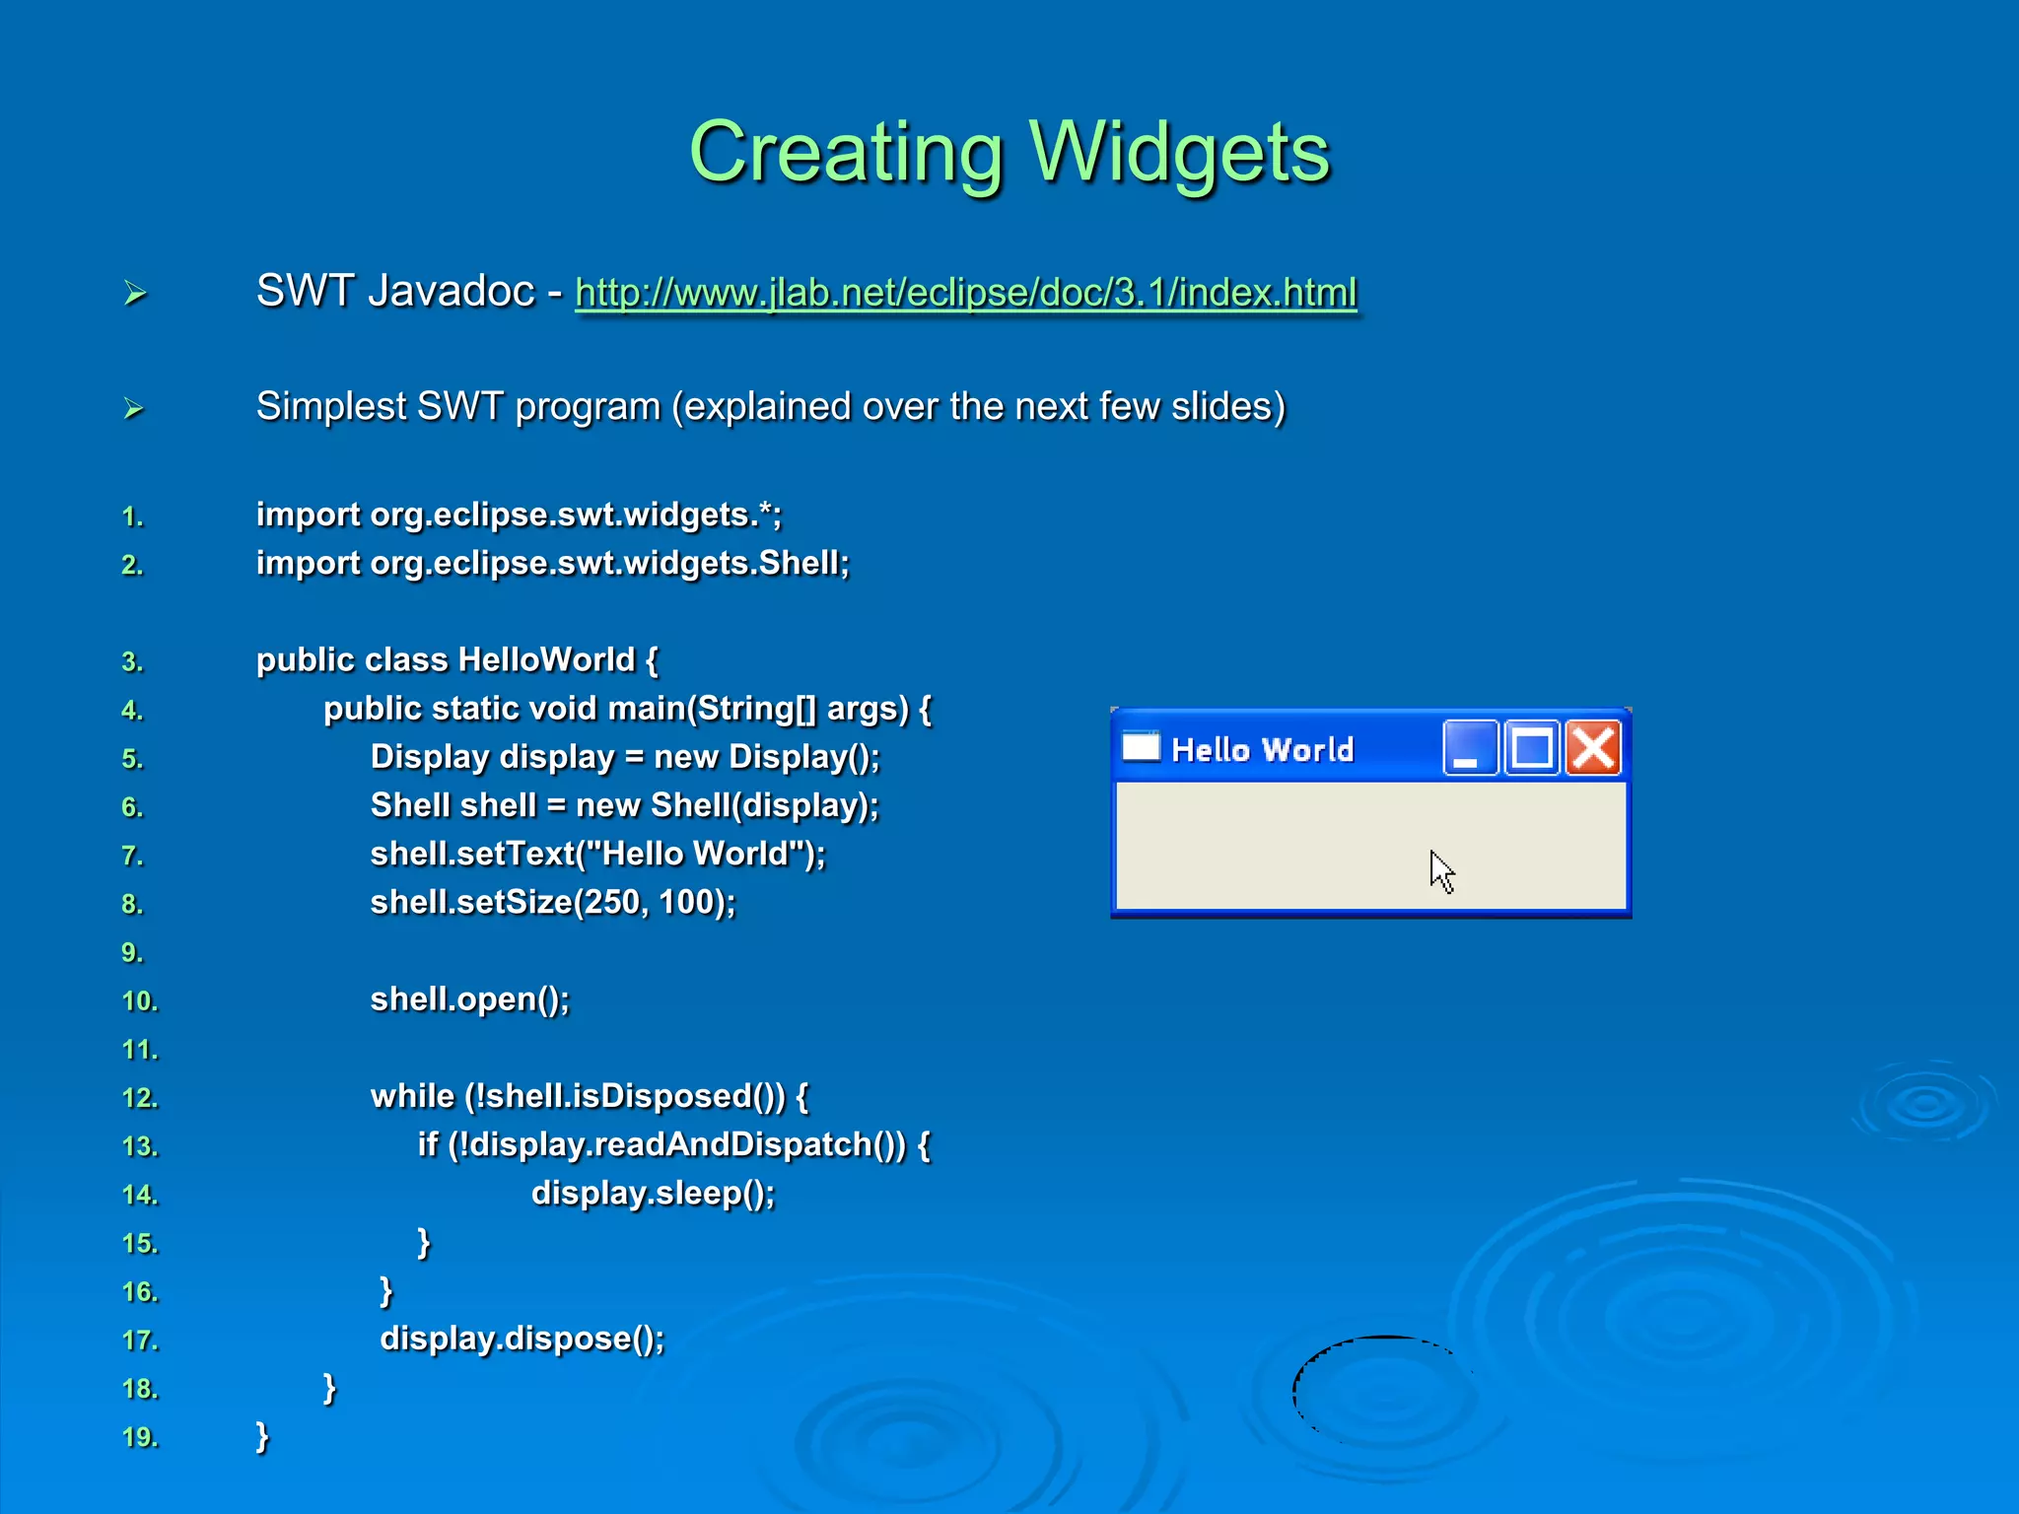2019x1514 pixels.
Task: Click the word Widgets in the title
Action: pos(1179,153)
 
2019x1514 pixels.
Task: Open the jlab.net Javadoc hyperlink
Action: pos(965,293)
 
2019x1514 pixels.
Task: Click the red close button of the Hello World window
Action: pos(1593,748)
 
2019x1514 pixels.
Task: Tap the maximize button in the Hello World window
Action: pos(1532,748)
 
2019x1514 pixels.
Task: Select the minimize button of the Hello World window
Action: pos(1470,748)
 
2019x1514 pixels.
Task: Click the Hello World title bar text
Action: pos(1262,750)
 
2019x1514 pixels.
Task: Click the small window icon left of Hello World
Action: pos(1141,747)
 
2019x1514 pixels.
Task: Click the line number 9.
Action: pos(132,953)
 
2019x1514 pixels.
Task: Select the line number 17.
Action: pos(139,1341)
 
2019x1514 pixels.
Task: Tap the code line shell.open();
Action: pos(469,999)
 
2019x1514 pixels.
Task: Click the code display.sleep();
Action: pos(653,1194)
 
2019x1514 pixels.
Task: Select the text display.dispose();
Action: pos(522,1339)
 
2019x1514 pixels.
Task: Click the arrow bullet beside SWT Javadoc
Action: pos(135,293)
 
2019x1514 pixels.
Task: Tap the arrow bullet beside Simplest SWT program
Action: pos(134,408)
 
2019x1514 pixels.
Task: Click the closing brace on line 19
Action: pos(262,1436)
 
